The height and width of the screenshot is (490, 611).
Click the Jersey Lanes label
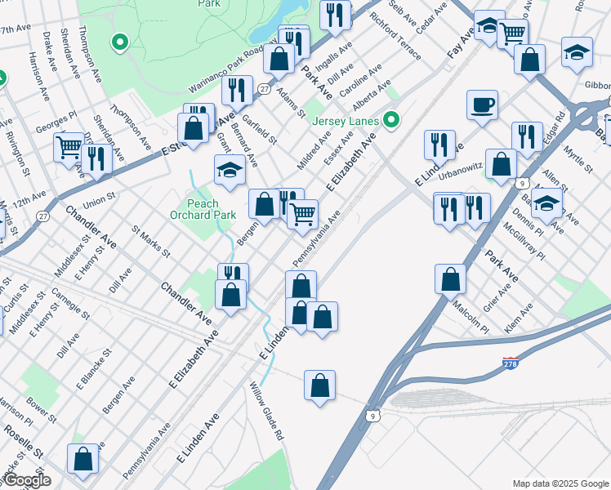[x=346, y=122]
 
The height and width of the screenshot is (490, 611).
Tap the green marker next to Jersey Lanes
[x=392, y=121]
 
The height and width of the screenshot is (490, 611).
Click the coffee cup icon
[x=482, y=105]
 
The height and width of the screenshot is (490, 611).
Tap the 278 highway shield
[x=510, y=362]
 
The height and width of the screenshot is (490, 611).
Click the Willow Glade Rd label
[x=266, y=412]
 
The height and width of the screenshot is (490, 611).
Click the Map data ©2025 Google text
[x=560, y=483]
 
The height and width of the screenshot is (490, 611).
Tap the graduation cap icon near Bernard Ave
[x=230, y=170]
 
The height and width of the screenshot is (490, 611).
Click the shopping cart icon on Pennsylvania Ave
[x=303, y=214]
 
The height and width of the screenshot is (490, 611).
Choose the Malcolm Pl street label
[x=472, y=318]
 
